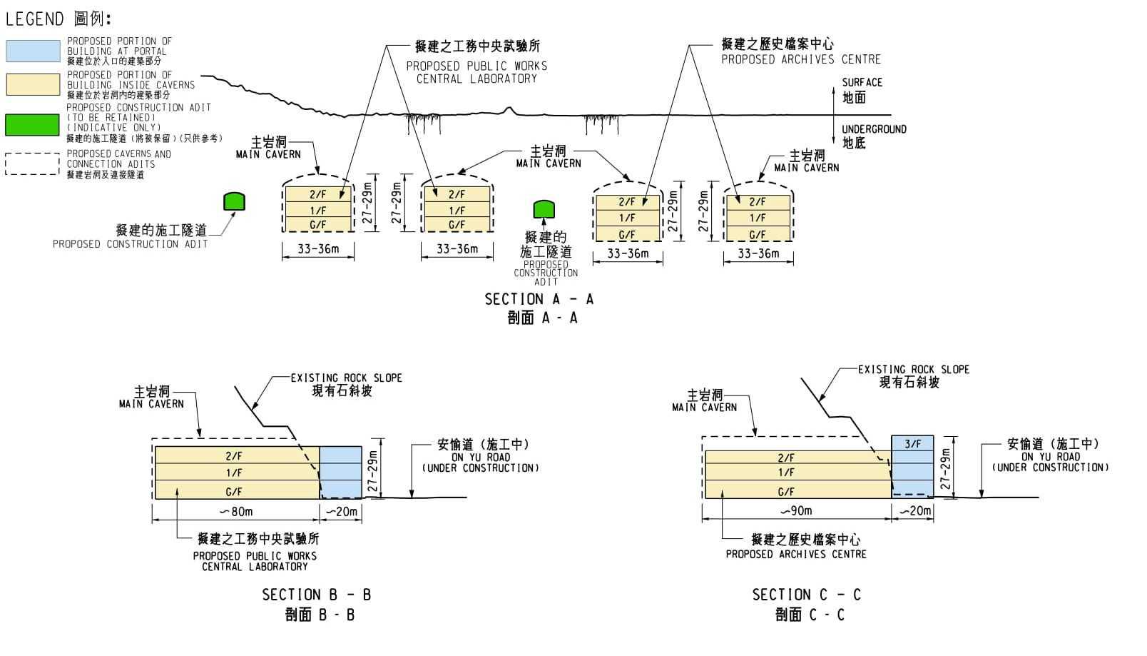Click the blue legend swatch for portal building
[33, 51]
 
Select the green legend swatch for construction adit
[33, 124]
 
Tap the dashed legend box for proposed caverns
[33, 163]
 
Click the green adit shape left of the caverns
[234, 201]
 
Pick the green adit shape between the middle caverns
[544, 209]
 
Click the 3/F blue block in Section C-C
[912, 443]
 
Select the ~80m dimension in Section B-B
[236, 511]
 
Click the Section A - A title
[539, 299]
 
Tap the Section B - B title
[316, 595]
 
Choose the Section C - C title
[806, 595]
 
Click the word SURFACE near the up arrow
[862, 83]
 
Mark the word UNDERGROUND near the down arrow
[874, 129]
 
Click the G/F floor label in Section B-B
[234, 492]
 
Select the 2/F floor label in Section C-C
[785, 458]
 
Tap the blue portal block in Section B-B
[340, 472]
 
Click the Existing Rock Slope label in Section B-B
[346, 378]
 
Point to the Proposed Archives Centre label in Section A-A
[800, 59]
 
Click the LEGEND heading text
[35, 19]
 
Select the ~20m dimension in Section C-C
[914, 510]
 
